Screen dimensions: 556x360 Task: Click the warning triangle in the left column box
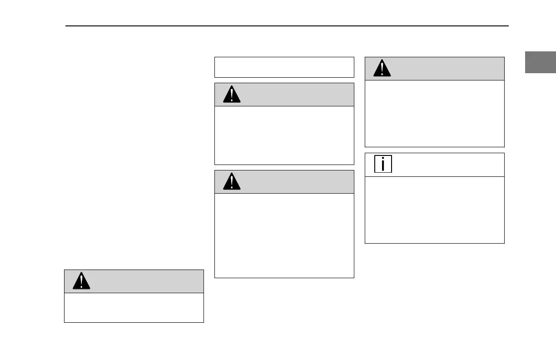[81, 282]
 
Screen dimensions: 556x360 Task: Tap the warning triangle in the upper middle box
[232, 95]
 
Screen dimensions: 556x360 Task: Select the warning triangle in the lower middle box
[232, 182]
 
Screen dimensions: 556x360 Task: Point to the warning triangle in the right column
[382, 69]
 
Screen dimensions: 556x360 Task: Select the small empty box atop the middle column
[284, 67]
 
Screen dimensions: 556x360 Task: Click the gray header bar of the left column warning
[145, 281]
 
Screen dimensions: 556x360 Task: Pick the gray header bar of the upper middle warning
[295, 95]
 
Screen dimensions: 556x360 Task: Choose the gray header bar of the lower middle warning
[295, 182]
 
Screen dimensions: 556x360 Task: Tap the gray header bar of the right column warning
[445, 69]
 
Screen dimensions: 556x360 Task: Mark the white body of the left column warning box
[134, 308]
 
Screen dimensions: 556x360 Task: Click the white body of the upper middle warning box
[284, 135]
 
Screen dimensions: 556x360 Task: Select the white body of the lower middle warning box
[284, 235]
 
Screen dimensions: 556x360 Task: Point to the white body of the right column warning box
[434, 113]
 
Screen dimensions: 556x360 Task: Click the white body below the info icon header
[434, 210]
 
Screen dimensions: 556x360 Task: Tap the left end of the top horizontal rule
[67, 26]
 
